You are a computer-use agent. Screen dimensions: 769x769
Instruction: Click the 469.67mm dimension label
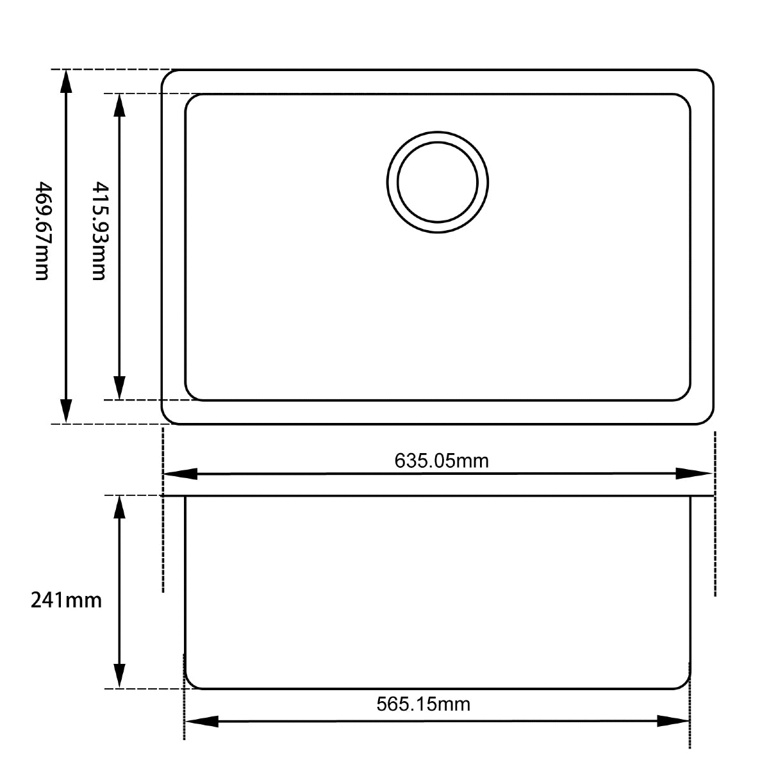pyautogui.click(x=42, y=231)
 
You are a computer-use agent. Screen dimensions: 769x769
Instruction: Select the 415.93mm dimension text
pyautogui.click(x=99, y=231)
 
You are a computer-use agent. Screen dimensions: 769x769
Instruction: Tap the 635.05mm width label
pyautogui.click(x=442, y=460)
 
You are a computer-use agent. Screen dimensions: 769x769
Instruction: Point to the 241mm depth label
pyautogui.click(x=66, y=600)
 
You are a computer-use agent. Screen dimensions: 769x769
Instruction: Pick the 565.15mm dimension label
pyautogui.click(x=423, y=704)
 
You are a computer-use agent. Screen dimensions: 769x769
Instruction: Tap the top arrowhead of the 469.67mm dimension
pyautogui.click(x=66, y=82)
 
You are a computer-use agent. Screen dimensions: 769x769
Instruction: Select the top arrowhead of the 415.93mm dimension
pyautogui.click(x=119, y=106)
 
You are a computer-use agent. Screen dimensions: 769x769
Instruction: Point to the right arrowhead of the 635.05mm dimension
pyautogui.click(x=695, y=474)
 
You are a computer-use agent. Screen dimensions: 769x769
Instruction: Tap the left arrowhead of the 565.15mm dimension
pyautogui.click(x=202, y=722)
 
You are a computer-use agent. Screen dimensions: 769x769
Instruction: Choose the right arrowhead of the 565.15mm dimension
pyautogui.click(x=673, y=722)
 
